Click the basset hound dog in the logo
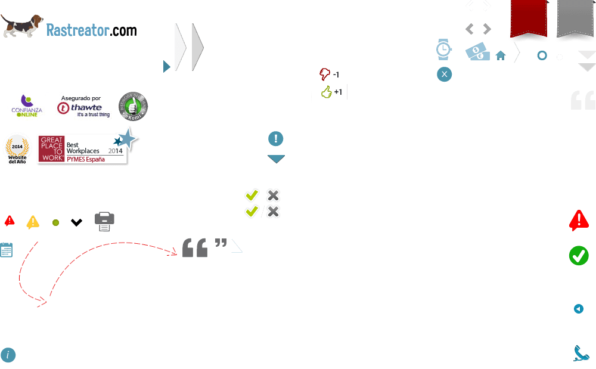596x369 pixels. tap(22, 26)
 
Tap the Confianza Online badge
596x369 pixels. tap(26, 106)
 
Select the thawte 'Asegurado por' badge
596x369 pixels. tap(84, 106)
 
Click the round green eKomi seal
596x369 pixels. tap(134, 107)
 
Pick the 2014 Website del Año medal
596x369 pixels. tap(17, 149)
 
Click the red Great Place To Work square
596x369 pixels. tap(51, 149)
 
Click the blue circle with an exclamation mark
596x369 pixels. tap(275, 139)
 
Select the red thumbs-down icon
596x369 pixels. tap(325, 74)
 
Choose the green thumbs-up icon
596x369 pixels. tap(326, 92)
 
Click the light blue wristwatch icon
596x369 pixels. tap(443, 50)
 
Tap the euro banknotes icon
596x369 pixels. tap(477, 52)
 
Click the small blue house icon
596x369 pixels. tap(501, 55)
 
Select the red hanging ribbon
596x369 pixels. tap(529, 20)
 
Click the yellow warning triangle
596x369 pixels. tap(33, 222)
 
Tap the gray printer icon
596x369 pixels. tap(104, 221)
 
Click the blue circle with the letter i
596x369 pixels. tap(8, 355)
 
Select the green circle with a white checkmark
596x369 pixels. tap(579, 256)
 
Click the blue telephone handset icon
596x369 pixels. tap(581, 354)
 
